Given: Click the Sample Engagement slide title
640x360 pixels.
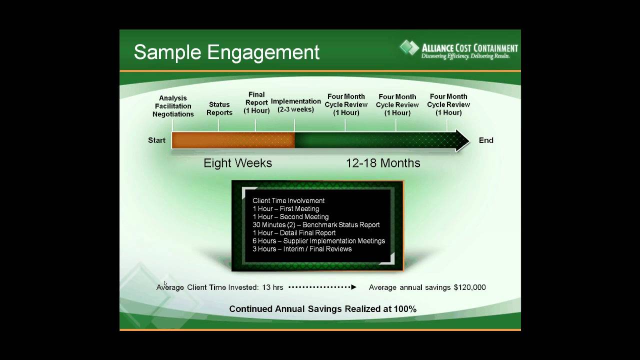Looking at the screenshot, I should [x=226, y=52].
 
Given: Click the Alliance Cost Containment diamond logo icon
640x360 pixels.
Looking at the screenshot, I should [x=409, y=48].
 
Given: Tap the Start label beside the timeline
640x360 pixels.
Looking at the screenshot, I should [x=156, y=140].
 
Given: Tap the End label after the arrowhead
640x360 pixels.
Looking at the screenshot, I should [x=486, y=140].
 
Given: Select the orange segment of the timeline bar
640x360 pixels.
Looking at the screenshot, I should [x=233, y=140].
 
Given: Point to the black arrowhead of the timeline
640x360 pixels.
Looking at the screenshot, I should [x=462, y=140].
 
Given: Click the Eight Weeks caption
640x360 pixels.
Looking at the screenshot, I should [x=237, y=163].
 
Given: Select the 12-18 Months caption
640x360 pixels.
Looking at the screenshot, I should [x=383, y=163].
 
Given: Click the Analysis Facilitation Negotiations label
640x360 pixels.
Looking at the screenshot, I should [x=173, y=106].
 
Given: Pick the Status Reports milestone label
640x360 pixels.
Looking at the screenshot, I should [x=219, y=108].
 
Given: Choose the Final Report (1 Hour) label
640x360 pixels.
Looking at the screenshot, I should [x=256, y=102].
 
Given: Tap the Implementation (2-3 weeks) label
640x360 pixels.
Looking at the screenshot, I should [x=295, y=105].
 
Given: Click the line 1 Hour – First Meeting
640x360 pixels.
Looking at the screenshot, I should [x=285, y=209].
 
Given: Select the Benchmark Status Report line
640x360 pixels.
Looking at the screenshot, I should [x=316, y=225].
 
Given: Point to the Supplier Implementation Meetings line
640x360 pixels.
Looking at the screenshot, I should [x=318, y=241].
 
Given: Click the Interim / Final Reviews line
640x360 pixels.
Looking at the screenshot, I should [x=302, y=249].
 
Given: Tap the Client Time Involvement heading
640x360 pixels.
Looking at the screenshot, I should [x=288, y=201].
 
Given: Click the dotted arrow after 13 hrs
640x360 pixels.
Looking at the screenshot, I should [x=322, y=287].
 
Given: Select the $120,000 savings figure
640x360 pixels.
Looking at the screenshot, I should [x=469, y=287].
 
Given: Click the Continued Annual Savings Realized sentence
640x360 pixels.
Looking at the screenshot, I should [x=322, y=309].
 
